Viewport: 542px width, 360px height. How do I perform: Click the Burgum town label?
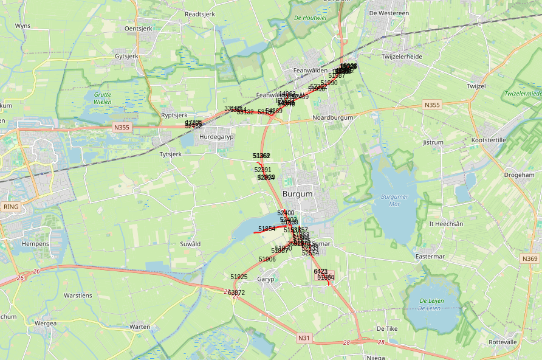tap(297, 194)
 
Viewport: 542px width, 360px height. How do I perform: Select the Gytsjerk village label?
tap(126, 57)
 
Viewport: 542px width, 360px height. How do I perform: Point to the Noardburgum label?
tap(332, 117)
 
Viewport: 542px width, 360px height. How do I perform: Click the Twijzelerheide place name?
tap(402, 56)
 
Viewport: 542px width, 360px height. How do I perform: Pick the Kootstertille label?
tap(489, 140)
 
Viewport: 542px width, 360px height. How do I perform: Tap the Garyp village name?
tap(266, 280)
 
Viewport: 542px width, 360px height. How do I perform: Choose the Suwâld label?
tap(190, 244)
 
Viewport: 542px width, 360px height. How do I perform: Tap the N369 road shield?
tap(530, 259)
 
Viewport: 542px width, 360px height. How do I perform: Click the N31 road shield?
tap(304, 337)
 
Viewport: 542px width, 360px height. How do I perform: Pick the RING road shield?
tap(12, 207)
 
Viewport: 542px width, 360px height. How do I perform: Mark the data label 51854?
tap(267, 229)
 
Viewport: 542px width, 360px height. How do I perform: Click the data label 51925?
tap(239, 277)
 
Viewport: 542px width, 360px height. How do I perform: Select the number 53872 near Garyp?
tap(236, 292)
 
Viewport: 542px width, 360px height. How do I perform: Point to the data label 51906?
tap(267, 259)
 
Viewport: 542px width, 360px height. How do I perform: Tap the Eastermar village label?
tap(430, 257)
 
